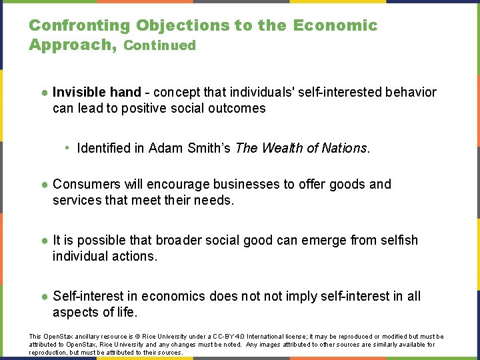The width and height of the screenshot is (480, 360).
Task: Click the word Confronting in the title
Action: coord(80,26)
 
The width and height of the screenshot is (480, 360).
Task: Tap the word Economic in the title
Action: coord(335,26)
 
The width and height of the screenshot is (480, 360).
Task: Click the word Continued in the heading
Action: coord(160,46)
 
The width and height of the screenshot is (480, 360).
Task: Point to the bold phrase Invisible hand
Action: coord(97,92)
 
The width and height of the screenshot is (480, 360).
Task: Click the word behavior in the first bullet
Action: coord(410,92)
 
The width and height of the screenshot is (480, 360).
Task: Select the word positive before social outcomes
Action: coord(145,108)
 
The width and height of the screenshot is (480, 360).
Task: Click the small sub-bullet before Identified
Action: coord(68,148)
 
